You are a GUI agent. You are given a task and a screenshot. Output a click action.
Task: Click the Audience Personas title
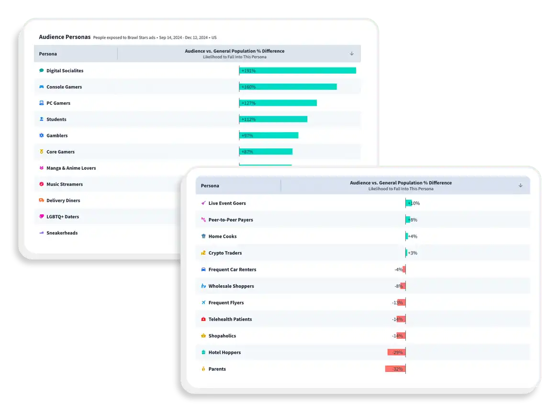pyautogui.click(x=65, y=37)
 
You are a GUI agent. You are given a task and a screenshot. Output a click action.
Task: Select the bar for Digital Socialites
pyautogui.click(x=297, y=70)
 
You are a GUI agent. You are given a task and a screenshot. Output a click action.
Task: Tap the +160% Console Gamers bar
pyautogui.click(x=288, y=87)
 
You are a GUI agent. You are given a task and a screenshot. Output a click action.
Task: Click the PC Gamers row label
pyautogui.click(x=58, y=103)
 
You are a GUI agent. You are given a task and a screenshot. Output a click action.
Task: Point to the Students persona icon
pyautogui.click(x=42, y=119)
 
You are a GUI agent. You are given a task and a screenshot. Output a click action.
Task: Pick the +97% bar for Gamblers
pyautogui.click(x=269, y=135)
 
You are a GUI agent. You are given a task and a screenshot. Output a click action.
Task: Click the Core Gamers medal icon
pyautogui.click(x=42, y=152)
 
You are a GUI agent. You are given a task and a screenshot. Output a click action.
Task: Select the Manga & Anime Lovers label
pyautogui.click(x=71, y=168)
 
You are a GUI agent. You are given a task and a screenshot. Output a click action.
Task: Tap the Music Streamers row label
pyautogui.click(x=65, y=184)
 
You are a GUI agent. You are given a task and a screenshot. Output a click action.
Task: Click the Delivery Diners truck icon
pyautogui.click(x=42, y=200)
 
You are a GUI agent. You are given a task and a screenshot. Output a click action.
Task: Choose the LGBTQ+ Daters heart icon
pyautogui.click(x=42, y=217)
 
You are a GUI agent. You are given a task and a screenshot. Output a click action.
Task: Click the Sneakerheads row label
pyautogui.click(x=62, y=233)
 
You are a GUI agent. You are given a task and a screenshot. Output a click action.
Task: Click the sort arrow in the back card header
pyautogui.click(x=352, y=54)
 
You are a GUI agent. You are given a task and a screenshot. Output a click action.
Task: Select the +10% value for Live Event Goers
pyautogui.click(x=414, y=203)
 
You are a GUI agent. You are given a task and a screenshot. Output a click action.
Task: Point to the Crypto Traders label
pyautogui.click(x=225, y=253)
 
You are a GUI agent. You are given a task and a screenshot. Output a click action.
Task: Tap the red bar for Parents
pyautogui.click(x=395, y=369)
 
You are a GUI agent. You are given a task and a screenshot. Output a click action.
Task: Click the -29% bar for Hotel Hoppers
pyautogui.click(x=396, y=352)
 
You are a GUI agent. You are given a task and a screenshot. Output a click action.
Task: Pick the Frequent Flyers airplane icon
pyautogui.click(x=203, y=303)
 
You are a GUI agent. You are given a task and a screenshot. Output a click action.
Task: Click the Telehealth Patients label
pyautogui.click(x=230, y=319)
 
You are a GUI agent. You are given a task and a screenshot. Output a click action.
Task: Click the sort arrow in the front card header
pyautogui.click(x=521, y=186)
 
